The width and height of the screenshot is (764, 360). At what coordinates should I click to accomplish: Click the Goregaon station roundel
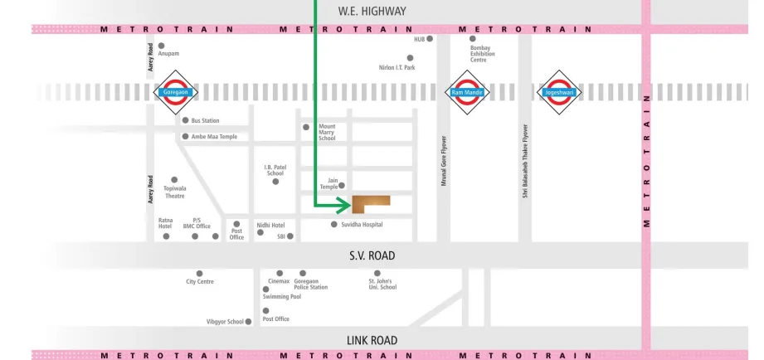pos(177,92)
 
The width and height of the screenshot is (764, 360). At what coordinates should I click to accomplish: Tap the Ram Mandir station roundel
pos(467,92)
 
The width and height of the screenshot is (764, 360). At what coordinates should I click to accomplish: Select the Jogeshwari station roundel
pos(558,92)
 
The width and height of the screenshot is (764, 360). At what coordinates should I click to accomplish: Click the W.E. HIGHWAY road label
pos(372,11)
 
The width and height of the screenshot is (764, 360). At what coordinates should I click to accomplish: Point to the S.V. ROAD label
pos(372,255)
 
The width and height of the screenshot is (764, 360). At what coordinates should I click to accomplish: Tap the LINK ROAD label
pos(372,340)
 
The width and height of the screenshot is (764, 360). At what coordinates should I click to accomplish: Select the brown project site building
pos(370,202)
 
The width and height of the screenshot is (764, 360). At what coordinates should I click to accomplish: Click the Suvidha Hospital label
pos(362,225)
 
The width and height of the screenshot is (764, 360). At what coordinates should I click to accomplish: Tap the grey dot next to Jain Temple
pos(341,185)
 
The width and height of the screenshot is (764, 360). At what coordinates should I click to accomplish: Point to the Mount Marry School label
pos(327,132)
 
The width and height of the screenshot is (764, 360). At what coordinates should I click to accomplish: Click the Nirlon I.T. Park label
pos(397,67)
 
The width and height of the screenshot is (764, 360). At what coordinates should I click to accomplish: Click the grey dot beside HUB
pos(430,39)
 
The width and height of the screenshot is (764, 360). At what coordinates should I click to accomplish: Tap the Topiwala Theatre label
pos(175,192)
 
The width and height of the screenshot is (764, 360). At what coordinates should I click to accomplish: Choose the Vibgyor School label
pos(225,322)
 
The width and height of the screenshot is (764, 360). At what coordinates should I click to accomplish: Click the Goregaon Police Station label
pos(310,284)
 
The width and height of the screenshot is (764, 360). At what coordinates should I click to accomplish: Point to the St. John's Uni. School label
pos(382,284)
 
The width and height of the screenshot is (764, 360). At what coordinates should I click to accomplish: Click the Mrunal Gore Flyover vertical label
pos(444,159)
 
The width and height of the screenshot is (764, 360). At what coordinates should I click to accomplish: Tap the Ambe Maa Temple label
pos(214,137)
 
